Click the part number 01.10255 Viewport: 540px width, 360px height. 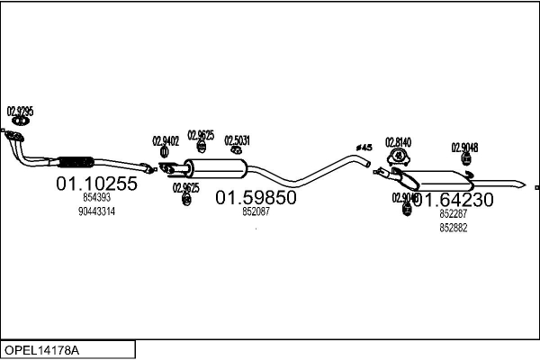(96, 184)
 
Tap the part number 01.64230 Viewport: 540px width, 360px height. (454, 200)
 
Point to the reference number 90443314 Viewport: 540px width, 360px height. (96, 211)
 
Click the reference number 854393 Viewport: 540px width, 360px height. (96, 197)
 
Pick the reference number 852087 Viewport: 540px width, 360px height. (256, 211)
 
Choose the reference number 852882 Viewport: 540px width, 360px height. (454, 228)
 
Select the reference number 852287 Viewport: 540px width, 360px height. (454, 214)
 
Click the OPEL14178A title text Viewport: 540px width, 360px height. (41, 348)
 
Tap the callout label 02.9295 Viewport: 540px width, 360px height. (20, 112)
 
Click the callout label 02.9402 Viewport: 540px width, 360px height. (166, 140)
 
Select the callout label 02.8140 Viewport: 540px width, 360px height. (398, 141)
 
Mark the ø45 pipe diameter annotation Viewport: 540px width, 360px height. (364, 147)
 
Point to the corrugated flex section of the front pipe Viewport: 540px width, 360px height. (75, 163)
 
